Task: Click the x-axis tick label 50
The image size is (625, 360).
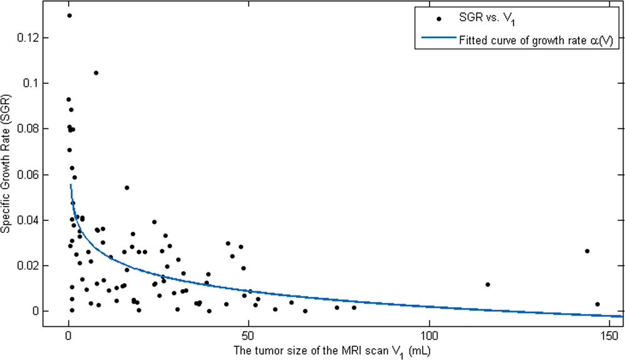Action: click(x=249, y=334)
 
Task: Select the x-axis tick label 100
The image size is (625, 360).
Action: click(x=430, y=334)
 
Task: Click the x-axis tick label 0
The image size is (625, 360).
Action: click(x=68, y=334)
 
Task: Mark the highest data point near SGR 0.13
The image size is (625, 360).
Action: click(x=69, y=16)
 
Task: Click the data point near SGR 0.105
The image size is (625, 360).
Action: click(x=96, y=73)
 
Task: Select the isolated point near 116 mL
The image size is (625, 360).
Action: click(x=487, y=284)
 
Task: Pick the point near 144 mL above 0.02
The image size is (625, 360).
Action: click(x=587, y=251)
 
